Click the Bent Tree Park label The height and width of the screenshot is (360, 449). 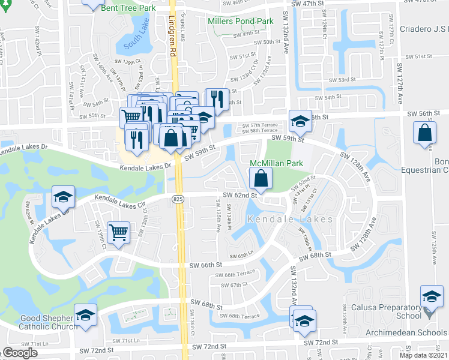point(128,8)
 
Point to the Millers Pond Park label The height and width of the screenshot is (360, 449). point(240,21)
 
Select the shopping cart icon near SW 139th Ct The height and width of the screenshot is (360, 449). point(119,232)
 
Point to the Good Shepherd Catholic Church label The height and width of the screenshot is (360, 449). point(40,322)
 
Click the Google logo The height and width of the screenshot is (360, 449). point(20,353)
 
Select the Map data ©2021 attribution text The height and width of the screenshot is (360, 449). point(423,355)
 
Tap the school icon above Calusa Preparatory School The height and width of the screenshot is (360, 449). point(432,297)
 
